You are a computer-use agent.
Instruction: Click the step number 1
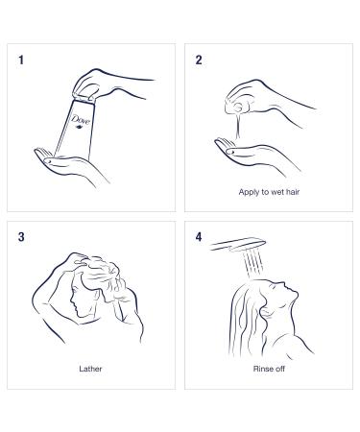click(x=21, y=60)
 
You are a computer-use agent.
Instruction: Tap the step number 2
click(x=199, y=60)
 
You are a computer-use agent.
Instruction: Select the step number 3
click(x=21, y=237)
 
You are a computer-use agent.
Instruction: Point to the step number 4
click(x=199, y=237)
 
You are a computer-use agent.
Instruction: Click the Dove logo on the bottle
click(x=80, y=121)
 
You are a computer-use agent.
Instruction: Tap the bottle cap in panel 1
click(x=84, y=98)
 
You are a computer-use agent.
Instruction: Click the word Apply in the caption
click(x=249, y=192)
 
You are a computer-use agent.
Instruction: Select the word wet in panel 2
click(x=277, y=192)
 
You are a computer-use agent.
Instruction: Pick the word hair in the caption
click(x=293, y=192)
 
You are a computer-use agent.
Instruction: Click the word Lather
click(x=90, y=369)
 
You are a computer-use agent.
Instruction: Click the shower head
click(x=238, y=245)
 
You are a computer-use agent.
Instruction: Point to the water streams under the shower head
click(x=253, y=264)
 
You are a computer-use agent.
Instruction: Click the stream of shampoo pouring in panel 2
click(x=237, y=127)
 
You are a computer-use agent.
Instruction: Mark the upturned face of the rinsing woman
click(x=284, y=295)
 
